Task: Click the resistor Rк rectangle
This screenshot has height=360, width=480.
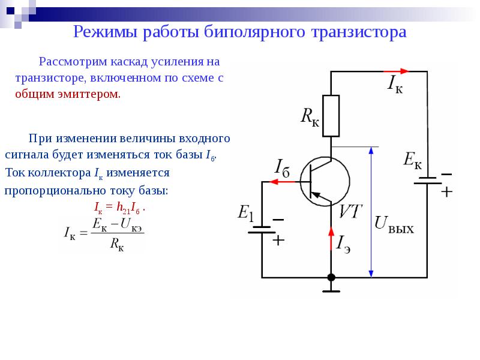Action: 331,115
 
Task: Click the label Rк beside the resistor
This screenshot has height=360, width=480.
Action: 310,116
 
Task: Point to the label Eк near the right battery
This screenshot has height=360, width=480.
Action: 412,160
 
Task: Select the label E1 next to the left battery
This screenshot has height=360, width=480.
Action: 247,212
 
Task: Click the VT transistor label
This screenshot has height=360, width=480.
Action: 350,211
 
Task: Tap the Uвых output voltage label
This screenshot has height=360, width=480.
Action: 394,223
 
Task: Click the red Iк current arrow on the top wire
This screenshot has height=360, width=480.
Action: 395,71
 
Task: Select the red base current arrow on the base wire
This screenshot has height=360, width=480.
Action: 276,182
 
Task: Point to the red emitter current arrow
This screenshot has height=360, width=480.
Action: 331,238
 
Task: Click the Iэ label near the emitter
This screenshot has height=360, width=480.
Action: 344,243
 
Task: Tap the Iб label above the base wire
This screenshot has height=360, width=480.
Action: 283,167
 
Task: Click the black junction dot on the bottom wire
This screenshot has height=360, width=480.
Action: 331,277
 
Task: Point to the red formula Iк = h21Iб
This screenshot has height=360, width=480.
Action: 120,208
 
